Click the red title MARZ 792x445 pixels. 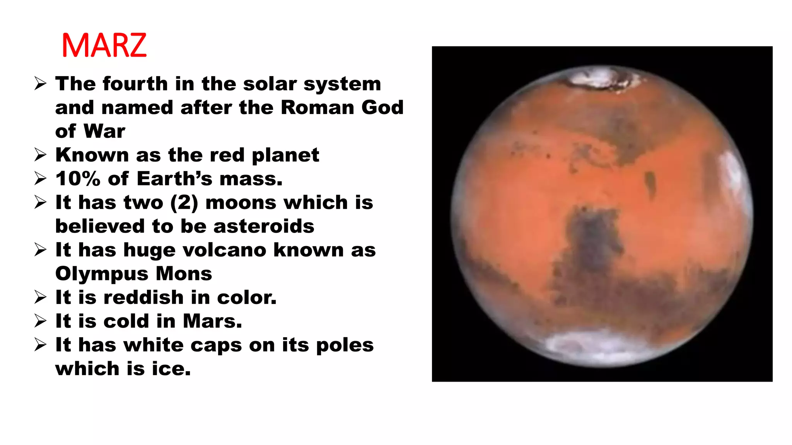click(x=104, y=46)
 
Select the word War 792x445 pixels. click(x=104, y=131)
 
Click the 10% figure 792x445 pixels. click(x=78, y=179)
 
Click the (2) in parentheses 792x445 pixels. click(x=184, y=203)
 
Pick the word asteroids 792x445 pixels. click(x=264, y=226)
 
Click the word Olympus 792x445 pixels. click(x=102, y=274)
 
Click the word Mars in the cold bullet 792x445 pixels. click(x=212, y=321)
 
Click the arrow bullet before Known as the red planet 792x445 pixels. click(x=40, y=155)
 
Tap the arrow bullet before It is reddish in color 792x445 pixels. click(x=40, y=297)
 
